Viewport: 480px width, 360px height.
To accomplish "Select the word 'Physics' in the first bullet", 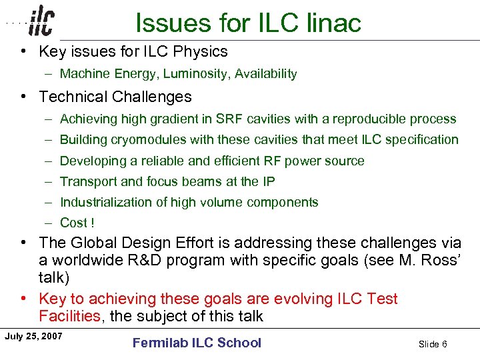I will coord(201,51).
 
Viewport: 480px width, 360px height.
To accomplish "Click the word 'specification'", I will coord(422,140).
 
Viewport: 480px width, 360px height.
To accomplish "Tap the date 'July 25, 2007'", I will coord(33,335).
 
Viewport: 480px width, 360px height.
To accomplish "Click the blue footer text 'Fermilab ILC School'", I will coord(197,343).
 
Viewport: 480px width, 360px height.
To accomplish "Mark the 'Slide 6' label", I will coord(433,344).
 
